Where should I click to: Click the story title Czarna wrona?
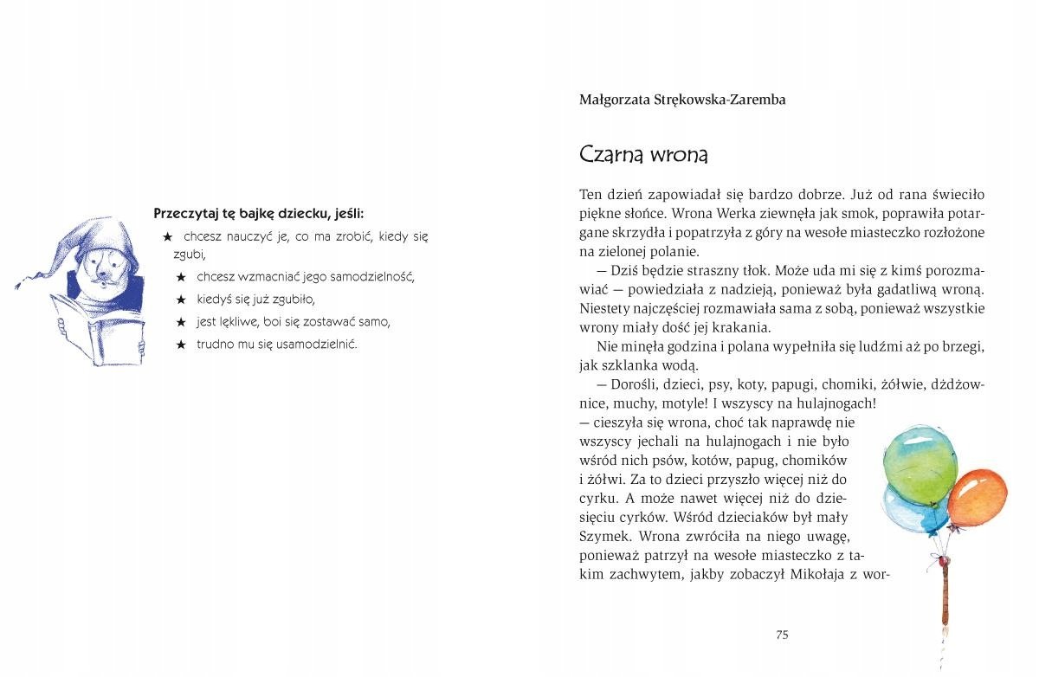tap(643, 155)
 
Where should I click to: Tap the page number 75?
tap(782, 635)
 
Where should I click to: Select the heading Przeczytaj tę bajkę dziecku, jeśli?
tap(258, 213)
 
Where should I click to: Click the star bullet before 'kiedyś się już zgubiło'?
tap(181, 300)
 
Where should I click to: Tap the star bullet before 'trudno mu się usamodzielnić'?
tap(181, 345)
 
